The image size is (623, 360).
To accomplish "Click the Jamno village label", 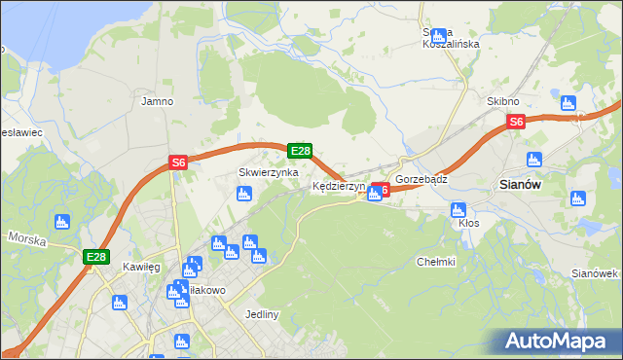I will point(157,100).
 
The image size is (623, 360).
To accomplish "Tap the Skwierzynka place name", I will point(268,172).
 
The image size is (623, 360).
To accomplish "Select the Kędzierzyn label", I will point(338,185).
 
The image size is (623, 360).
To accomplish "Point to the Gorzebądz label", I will point(421,179).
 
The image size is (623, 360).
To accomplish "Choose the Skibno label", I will point(503,101).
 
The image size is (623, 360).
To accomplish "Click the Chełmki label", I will point(436,261).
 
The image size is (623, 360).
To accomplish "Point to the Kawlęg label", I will point(141,266).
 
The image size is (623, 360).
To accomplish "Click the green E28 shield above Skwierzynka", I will point(300,151).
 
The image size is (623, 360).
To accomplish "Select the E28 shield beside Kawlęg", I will point(95,257).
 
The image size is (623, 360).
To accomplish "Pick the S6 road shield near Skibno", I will point(516,122).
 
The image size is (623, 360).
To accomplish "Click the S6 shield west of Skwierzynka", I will point(177,163).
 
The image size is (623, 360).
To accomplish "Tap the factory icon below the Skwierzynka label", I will point(244,194).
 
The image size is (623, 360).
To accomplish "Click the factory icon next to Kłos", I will point(458,209).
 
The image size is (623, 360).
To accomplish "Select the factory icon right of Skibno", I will point(569,101).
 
